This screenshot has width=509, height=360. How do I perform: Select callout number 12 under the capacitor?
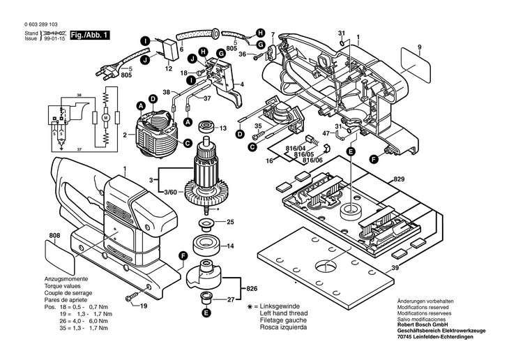click(169, 69)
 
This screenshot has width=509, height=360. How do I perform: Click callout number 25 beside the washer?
click(230, 223)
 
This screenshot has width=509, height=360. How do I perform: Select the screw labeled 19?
click(131, 299)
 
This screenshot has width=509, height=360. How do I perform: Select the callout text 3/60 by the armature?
click(169, 191)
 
